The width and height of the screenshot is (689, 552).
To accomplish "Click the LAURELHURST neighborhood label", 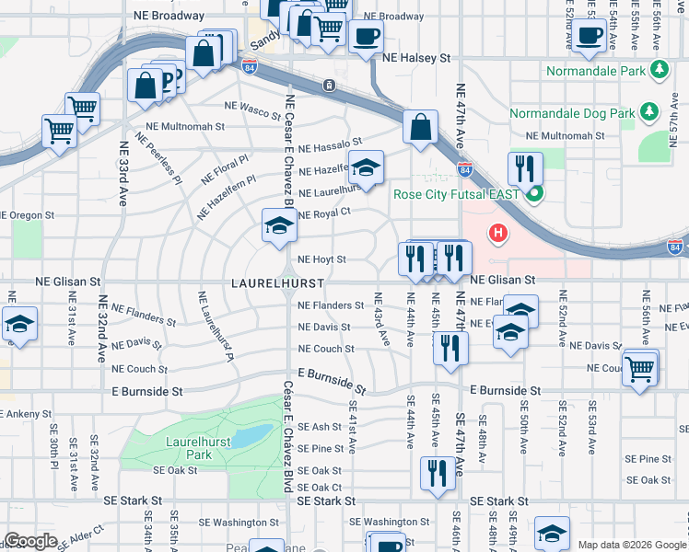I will [267, 280].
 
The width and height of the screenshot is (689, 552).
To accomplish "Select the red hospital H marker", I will [499, 235].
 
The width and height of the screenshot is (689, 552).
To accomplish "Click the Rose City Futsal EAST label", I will [456, 194].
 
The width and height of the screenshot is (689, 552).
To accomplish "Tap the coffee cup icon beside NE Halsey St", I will [366, 38].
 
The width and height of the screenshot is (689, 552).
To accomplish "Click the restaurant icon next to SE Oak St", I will [437, 473].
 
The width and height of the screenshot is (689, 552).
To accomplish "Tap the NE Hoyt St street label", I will [321, 260].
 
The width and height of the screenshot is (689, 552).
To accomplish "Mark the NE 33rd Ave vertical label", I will [123, 173].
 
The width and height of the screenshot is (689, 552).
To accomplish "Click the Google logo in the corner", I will [30, 541].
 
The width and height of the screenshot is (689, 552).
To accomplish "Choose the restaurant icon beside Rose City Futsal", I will [524, 168].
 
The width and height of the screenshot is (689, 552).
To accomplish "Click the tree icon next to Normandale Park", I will [658, 70].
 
